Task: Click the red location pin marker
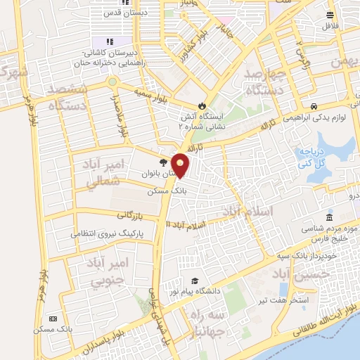pyautogui.click(x=181, y=165)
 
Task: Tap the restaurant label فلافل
pyautogui.click(x=330, y=26)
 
